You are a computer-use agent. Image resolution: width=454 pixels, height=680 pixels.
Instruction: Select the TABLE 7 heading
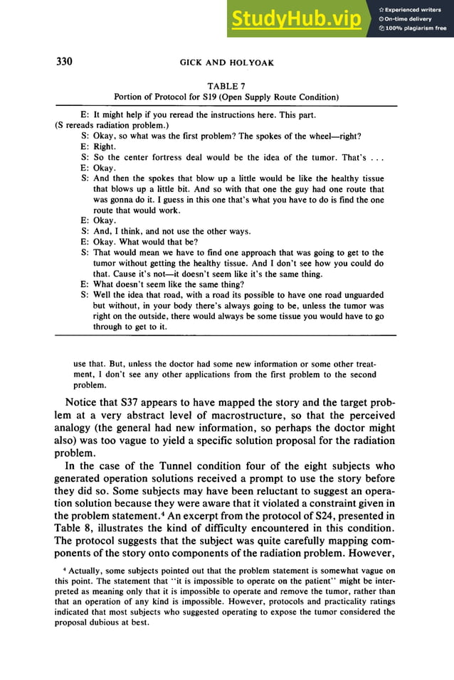pos(226,85)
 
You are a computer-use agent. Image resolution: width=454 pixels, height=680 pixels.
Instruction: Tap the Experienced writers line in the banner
pos(414,9)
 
